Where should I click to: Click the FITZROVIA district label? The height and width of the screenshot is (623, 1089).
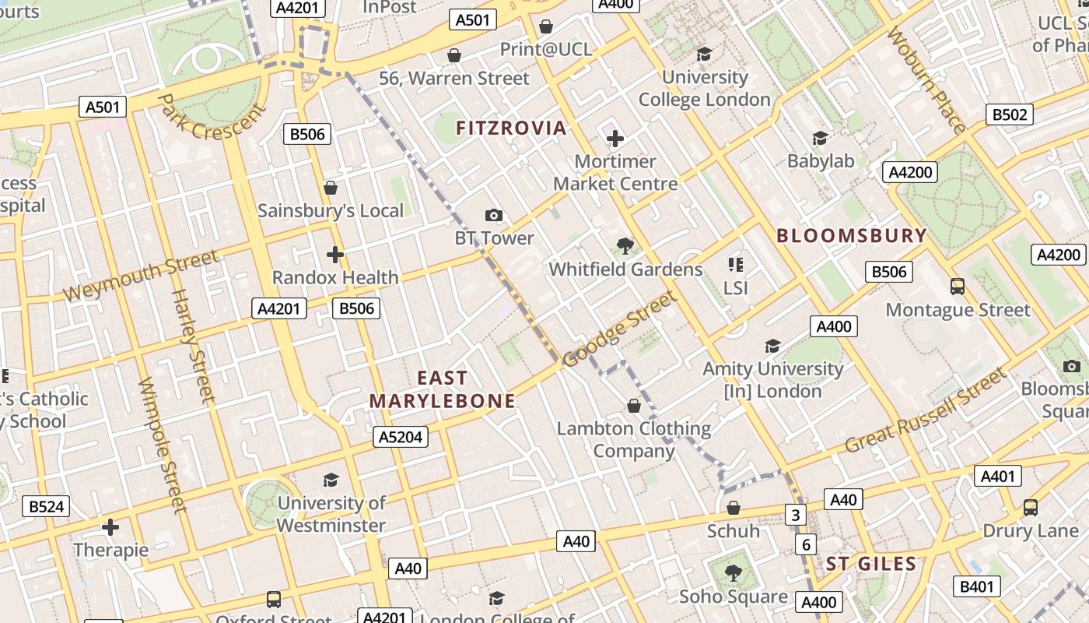tap(511, 128)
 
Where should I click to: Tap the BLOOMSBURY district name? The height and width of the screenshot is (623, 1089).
tap(852, 236)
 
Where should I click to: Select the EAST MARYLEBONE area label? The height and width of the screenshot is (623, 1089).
tap(442, 389)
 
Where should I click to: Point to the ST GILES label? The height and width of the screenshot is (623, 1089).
tap(871, 564)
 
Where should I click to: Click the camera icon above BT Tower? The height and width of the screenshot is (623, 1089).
tap(493, 215)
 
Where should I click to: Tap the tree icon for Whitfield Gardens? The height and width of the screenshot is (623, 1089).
tap(625, 247)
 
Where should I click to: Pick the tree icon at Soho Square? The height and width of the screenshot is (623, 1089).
tap(733, 574)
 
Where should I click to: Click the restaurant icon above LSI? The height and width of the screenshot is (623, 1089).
tap(735, 265)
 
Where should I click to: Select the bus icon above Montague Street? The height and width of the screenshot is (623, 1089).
tap(958, 287)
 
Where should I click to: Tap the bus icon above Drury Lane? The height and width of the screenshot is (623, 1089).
tap(1031, 508)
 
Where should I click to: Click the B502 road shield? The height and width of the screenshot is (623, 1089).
tap(1010, 114)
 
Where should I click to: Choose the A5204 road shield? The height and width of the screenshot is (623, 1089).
tap(401, 438)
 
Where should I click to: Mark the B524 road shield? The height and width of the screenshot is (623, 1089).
tap(46, 507)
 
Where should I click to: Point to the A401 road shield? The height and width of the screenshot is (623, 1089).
tap(997, 477)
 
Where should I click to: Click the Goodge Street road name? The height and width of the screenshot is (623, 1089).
tap(619, 329)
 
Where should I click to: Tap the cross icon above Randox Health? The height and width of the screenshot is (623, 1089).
tap(335, 255)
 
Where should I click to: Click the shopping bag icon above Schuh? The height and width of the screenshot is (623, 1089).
tap(733, 509)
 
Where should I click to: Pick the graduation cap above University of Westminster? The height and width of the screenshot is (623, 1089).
tap(331, 480)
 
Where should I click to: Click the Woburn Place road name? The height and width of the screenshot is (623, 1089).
tap(926, 80)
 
